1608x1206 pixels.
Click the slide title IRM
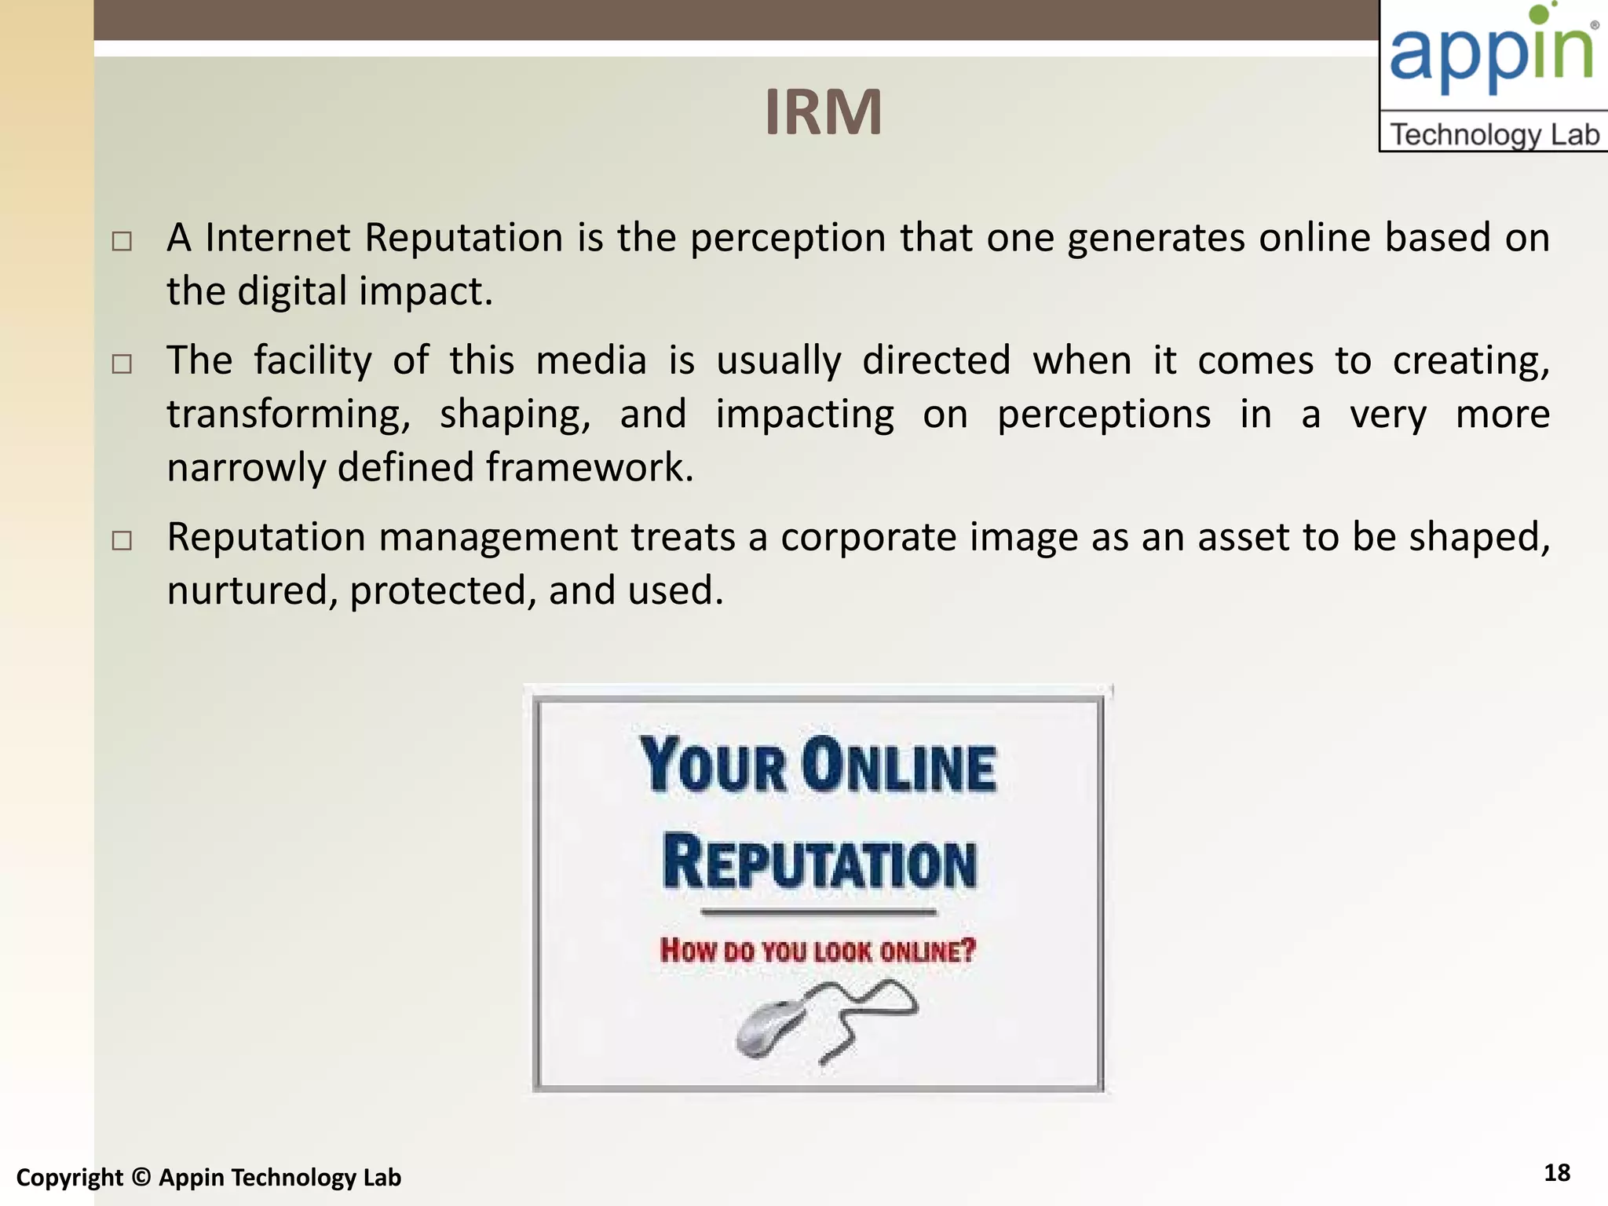(823, 112)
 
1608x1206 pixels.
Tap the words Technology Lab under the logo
(1494, 134)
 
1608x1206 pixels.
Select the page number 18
(1557, 1172)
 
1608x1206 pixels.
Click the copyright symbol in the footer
(141, 1177)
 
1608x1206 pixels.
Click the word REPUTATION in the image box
(819, 862)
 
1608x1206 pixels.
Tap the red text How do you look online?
(817, 951)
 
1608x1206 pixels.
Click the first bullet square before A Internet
(122, 241)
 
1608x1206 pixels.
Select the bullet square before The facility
(122, 364)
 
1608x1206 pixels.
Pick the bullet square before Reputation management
(122, 540)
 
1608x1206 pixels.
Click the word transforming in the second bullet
(288, 415)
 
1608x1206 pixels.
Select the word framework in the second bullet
(589, 467)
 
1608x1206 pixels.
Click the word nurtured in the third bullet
(252, 590)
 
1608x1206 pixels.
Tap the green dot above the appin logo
(1540, 14)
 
